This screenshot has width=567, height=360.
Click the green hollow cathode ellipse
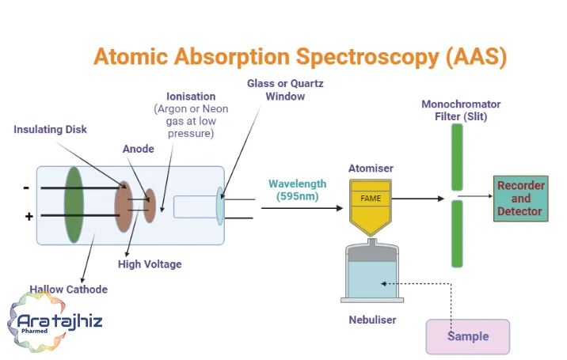coord(74,205)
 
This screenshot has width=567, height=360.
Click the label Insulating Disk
coord(50,130)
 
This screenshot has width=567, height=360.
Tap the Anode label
coord(138,149)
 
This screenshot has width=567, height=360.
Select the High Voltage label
coord(150,264)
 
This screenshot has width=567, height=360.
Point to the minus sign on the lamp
coord(26,188)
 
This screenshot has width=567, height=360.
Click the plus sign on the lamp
coord(29,217)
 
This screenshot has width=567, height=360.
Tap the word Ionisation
coord(191,97)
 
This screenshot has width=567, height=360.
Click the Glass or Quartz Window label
coord(285,90)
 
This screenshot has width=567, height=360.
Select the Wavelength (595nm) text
coord(297,190)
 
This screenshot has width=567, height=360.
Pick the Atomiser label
coord(371,169)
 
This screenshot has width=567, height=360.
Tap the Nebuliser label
coord(372,320)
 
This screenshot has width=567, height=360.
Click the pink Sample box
coord(468,336)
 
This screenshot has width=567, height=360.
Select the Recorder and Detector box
coord(521,199)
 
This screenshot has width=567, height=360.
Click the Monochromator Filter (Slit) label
coord(461,110)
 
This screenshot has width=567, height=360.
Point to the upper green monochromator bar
coord(457,157)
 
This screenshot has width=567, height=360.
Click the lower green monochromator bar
coord(457,234)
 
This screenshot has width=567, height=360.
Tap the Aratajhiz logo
coord(55,322)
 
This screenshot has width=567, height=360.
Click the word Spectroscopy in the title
coord(367,58)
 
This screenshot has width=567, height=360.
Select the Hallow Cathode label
coord(68,290)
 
